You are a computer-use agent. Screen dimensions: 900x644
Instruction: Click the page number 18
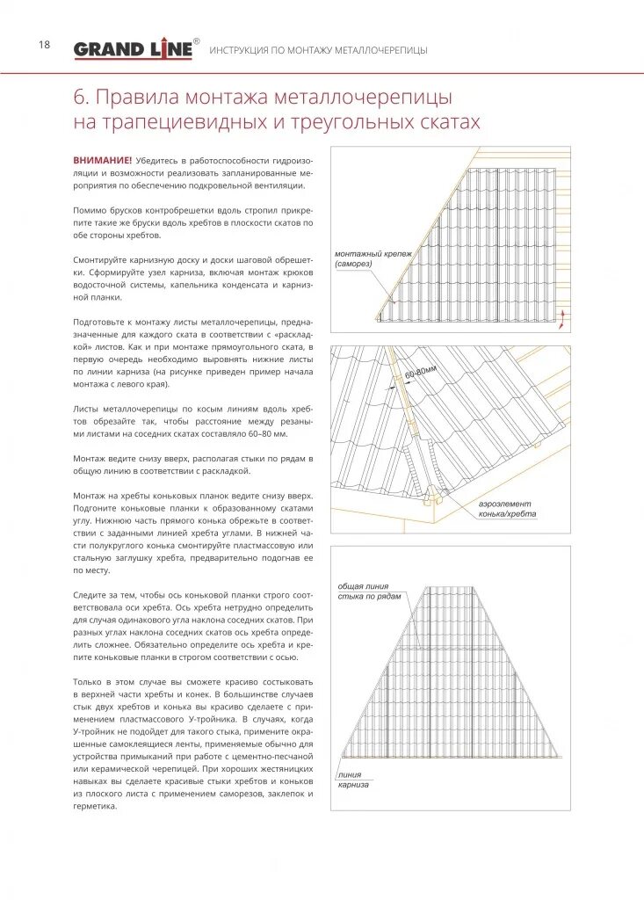coord(44,45)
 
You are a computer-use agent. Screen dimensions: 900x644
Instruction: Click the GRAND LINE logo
coord(133,49)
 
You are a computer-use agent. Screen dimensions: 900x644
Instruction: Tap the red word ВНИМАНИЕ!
coord(103,161)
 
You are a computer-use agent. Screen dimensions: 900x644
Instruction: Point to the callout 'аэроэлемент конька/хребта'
coord(507,509)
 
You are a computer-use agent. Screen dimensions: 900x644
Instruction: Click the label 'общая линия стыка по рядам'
coord(369,592)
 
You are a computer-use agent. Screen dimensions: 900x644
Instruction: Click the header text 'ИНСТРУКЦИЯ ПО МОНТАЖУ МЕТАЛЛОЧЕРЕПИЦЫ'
coord(318,50)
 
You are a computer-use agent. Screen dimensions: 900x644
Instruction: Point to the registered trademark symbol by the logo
coord(196,40)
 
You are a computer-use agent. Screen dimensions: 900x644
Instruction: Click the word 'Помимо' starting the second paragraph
coord(90,211)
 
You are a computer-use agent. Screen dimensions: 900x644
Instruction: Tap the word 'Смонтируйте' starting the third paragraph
coord(102,261)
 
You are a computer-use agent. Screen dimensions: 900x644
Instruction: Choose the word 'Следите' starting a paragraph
coord(89,595)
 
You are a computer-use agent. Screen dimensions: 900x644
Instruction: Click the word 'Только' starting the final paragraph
coord(89,682)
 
